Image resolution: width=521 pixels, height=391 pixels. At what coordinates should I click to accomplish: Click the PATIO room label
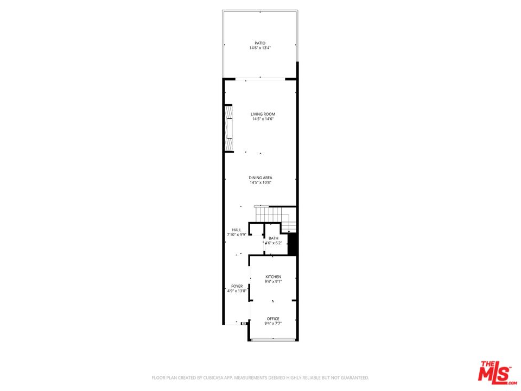coord(260,43)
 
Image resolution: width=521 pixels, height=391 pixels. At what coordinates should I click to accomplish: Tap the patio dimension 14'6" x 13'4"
coord(260,48)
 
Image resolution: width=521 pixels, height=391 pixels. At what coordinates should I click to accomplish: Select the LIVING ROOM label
coord(263,114)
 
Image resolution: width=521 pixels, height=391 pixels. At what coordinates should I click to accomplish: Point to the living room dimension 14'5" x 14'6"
coord(263,119)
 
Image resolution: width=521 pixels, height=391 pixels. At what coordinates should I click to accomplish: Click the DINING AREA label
coord(260,178)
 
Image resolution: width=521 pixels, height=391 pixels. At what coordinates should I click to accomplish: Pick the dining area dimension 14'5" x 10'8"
coord(260,182)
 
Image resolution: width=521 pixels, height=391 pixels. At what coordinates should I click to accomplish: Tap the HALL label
coord(237,230)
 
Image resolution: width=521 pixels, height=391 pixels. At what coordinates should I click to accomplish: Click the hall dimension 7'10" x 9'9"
coord(237,235)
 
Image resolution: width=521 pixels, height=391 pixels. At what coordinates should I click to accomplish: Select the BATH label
coord(274,238)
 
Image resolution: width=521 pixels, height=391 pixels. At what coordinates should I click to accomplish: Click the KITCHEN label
coord(273,276)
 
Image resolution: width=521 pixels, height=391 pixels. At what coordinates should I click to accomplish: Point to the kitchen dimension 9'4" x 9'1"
coord(273,281)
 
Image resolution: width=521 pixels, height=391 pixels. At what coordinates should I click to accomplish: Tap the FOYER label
coord(237,286)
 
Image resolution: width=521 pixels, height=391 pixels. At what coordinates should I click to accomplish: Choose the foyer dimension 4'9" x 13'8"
coord(237,291)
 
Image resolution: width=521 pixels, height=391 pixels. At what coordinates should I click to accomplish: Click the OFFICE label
coord(273,319)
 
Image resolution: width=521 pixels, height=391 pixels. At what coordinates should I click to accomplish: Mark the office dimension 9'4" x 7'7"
coord(273,323)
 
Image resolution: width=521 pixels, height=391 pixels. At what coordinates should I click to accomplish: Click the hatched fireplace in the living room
coord(228,129)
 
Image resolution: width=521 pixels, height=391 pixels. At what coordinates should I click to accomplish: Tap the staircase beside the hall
coord(275,218)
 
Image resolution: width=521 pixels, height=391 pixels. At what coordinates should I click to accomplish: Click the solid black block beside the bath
coord(292,244)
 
